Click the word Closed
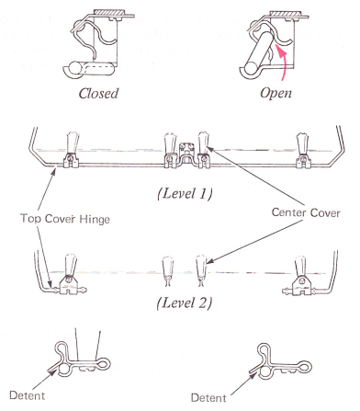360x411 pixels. pyautogui.click(x=98, y=94)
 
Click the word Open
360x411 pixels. pyautogui.click(x=276, y=93)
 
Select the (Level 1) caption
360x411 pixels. pyautogui.click(x=185, y=193)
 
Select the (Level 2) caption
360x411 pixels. pyautogui.click(x=185, y=303)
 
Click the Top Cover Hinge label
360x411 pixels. pyautogui.click(x=65, y=219)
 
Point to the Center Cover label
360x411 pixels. pyautogui.click(x=306, y=212)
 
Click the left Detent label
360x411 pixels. pyautogui.click(x=28, y=395)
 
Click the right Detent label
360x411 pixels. pyautogui.click(x=208, y=397)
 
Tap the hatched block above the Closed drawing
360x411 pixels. pyautogui.click(x=108, y=12)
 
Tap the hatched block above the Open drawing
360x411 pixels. pyautogui.click(x=286, y=14)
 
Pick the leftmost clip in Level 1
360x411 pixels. pyautogui.click(x=72, y=150)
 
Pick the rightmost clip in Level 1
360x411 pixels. pyautogui.click(x=304, y=150)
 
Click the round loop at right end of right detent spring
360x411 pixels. pyautogui.click(x=305, y=367)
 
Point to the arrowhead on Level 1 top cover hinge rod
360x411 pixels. pyautogui.click(x=54, y=171)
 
